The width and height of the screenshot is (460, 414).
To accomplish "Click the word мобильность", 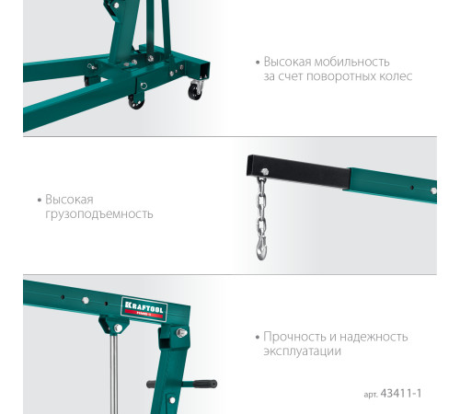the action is point(352,62).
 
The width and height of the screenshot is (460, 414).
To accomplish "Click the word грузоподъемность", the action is point(99,214).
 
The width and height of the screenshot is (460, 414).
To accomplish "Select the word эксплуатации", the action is point(302,351).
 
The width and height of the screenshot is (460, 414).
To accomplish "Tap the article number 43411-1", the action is point(401,394).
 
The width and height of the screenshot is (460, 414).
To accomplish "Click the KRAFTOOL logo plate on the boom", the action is point(144,309).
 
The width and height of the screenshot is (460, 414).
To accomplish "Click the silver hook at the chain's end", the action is point(261,249).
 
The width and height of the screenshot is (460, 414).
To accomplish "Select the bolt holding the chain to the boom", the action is point(265,172).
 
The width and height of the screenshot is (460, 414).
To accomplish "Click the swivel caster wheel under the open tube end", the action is point(195,91).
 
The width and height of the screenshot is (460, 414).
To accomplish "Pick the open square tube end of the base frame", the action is point(204,70).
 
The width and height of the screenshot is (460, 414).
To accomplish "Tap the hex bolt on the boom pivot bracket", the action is point(180,333).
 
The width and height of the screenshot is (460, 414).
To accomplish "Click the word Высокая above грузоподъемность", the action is point(69,200).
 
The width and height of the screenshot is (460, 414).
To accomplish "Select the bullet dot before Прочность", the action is point(258,338).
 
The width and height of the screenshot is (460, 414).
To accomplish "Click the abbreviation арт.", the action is point(371,395).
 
